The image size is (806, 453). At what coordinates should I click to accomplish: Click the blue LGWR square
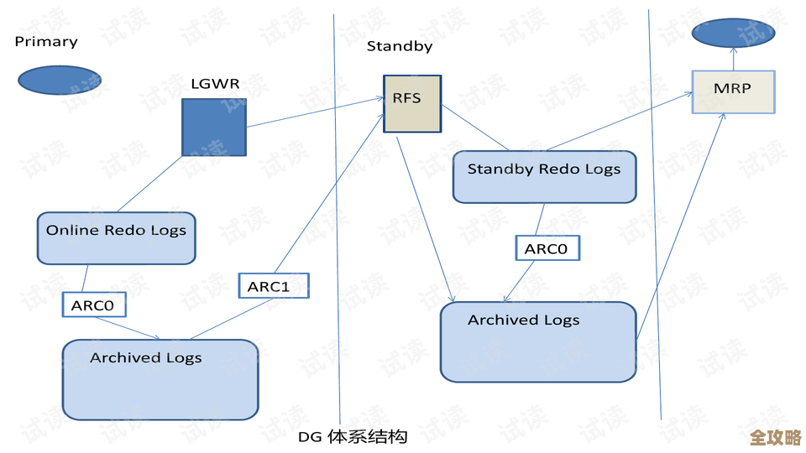[214, 128]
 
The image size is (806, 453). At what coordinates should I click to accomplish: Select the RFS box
[412, 103]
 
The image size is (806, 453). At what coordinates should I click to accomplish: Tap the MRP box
[732, 91]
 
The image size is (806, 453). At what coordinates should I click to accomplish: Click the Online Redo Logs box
[116, 238]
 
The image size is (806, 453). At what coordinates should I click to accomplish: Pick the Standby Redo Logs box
[544, 176]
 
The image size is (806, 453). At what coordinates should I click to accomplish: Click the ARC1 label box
[274, 286]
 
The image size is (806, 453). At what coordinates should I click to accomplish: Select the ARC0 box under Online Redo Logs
[93, 305]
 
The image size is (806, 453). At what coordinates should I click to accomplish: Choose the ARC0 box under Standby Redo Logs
[547, 248]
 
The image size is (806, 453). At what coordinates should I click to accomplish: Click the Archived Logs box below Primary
[160, 379]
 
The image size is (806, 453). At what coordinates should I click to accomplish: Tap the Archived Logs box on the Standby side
[537, 341]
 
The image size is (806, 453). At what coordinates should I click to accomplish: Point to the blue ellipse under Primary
[60, 81]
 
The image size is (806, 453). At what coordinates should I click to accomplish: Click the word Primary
[46, 41]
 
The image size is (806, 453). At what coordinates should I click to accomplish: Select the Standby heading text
[400, 46]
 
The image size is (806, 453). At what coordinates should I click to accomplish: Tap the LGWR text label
[215, 83]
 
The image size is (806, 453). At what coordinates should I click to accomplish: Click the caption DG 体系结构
[353, 436]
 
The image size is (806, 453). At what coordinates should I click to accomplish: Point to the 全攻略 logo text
[775, 437]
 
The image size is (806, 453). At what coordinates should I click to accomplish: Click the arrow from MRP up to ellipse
[732, 59]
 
